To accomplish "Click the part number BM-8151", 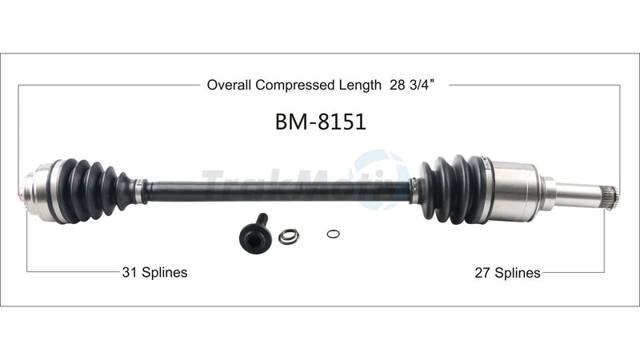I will (320, 124).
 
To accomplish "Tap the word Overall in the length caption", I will (229, 83).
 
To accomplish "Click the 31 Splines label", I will (154, 272).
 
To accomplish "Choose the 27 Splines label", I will (507, 272).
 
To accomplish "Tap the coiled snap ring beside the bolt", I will (288, 236).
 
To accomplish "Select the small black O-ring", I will (334, 234).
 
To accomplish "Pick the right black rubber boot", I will (452, 189).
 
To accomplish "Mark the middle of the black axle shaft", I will (276, 191).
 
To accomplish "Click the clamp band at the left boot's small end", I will (139, 190).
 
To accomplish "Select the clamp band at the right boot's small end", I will (414, 190).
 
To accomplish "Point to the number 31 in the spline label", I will (129, 272).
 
